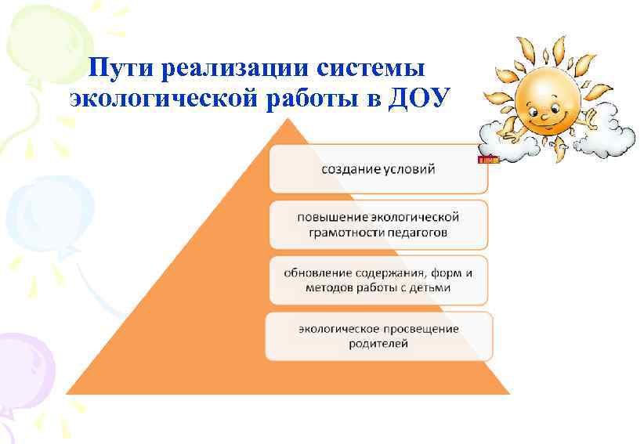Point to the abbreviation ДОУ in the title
(420, 100)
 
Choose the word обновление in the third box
(322, 273)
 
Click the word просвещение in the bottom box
(421, 329)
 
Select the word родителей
(378, 344)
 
